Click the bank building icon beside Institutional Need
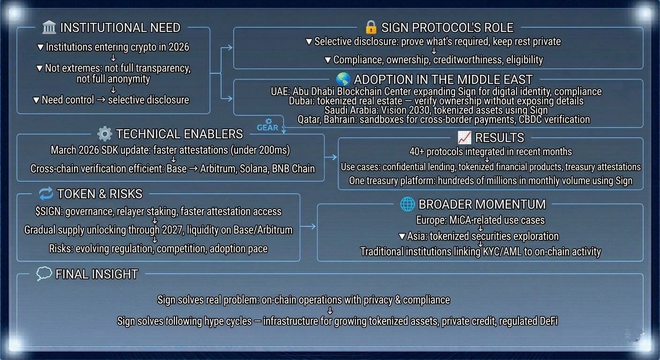49,27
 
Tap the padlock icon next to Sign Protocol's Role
371,27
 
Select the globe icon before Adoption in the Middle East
343,79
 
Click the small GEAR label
268,127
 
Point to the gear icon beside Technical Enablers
104,134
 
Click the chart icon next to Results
464,137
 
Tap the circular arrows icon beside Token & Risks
46,193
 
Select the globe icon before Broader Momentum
407,204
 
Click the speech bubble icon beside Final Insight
44,274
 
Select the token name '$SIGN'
49,211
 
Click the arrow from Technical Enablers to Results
331,157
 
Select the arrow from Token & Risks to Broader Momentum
308,226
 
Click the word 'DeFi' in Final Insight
547,321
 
